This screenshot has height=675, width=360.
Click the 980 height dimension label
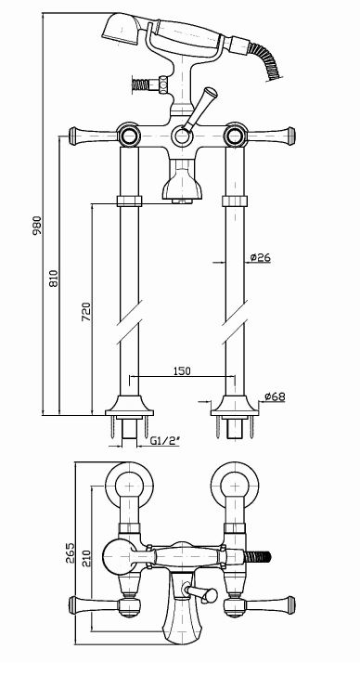click(x=38, y=225)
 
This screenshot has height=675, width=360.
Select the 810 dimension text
click(x=53, y=279)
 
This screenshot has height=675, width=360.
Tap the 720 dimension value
click(x=86, y=312)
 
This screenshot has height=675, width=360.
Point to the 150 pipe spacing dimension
click(x=182, y=370)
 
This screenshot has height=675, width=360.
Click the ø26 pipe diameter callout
click(x=260, y=257)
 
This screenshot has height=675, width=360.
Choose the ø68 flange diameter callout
click(x=275, y=396)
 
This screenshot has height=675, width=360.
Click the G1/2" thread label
click(x=165, y=440)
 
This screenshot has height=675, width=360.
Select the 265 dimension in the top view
click(x=71, y=552)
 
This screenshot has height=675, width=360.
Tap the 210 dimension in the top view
click(x=86, y=558)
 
